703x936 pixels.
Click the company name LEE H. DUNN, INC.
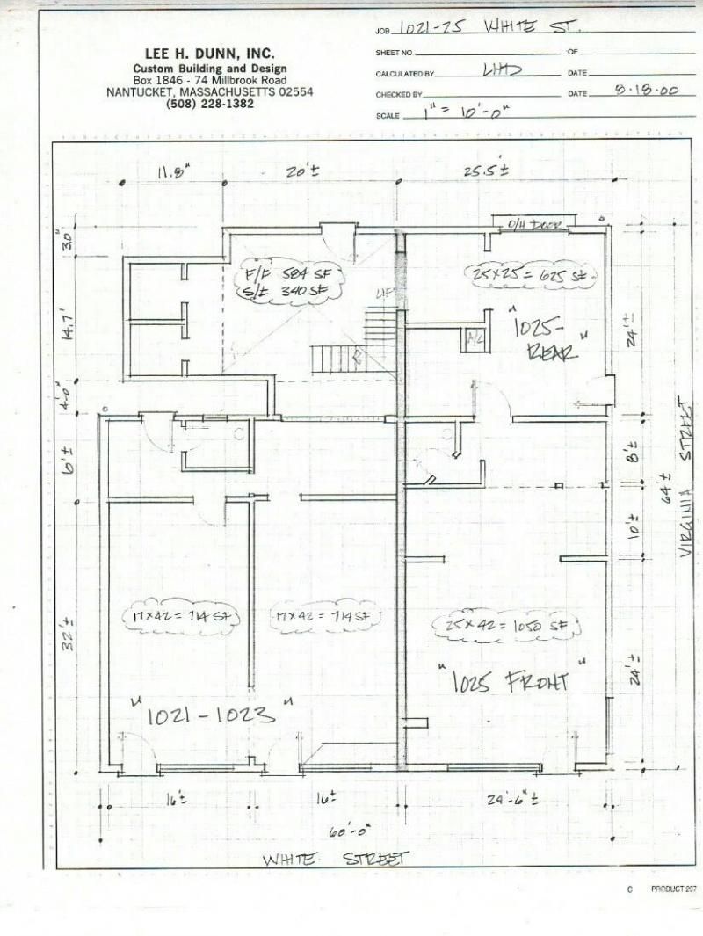[x=209, y=54]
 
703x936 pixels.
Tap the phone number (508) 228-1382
[x=209, y=104]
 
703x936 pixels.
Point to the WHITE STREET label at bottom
[x=336, y=858]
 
